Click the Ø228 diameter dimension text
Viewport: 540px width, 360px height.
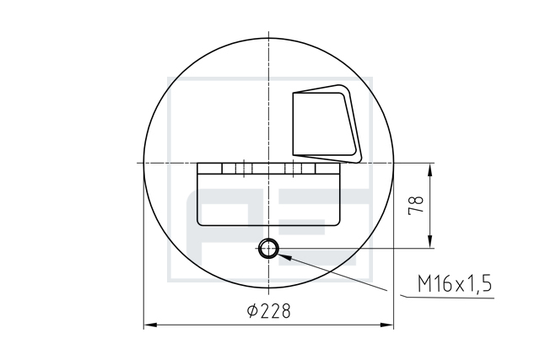(269, 311)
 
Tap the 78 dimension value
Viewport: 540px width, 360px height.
(416, 206)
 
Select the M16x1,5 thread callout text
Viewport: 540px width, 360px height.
(455, 283)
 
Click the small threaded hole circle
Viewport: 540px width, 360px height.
(268, 248)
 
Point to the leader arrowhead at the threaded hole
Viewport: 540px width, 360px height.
(284, 256)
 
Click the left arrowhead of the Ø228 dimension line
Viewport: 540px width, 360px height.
(150, 325)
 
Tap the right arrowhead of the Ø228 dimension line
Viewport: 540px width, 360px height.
(386, 325)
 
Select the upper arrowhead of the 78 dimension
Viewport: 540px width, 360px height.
(430, 170)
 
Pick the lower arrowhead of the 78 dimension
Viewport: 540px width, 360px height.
(430, 241)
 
